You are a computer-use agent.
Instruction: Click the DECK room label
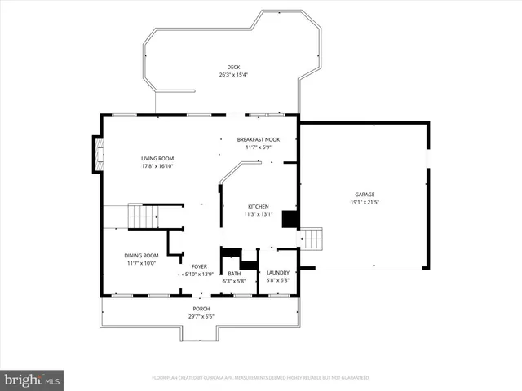232,67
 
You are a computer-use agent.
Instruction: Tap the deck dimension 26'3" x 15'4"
232,75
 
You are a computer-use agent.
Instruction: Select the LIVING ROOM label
157,158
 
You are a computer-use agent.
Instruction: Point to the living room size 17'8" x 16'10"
157,166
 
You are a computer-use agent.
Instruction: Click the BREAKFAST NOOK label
258,139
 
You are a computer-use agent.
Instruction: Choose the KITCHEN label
258,207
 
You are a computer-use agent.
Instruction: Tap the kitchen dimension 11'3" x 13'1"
258,215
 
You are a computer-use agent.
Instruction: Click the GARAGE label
364,195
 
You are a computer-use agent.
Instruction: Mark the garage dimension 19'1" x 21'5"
364,203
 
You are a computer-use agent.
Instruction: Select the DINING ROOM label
141,255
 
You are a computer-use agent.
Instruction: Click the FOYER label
199,266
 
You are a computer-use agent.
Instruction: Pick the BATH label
234,273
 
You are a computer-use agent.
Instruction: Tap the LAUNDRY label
278,273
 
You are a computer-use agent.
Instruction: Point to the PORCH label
201,309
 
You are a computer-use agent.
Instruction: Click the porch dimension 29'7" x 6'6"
201,317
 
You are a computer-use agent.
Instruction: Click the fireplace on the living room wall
97,155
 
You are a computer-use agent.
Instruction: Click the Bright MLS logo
32,380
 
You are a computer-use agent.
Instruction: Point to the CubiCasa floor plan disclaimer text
260,378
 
